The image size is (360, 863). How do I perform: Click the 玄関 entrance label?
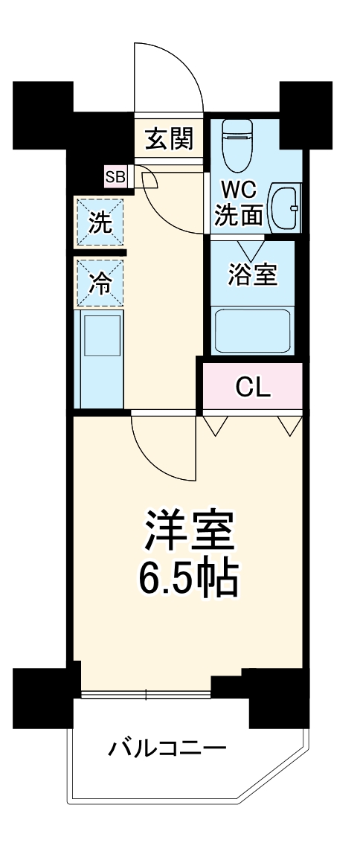[169, 138]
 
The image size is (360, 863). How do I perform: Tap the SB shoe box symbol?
[115, 176]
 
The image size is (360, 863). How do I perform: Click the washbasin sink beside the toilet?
[285, 208]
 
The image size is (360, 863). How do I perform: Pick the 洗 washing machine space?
[100, 222]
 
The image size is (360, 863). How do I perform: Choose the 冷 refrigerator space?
[100, 282]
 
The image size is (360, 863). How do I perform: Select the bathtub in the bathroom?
[252, 330]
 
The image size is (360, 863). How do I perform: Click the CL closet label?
[252, 386]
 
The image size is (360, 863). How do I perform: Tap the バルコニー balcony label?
[167, 746]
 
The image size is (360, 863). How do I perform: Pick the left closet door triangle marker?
[216, 425]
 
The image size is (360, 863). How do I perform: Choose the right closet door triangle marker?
[289, 425]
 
